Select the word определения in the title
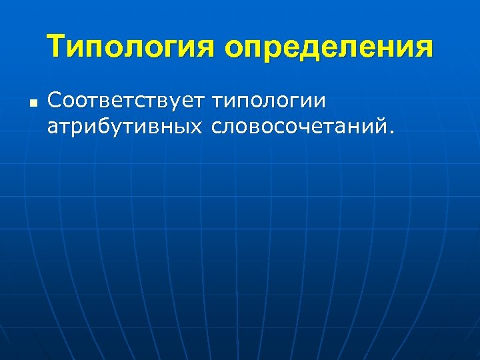pos(329,49)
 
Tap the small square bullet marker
pos(33,104)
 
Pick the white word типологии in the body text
pos(268,102)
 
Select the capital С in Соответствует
pos(55,101)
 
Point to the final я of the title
pos(423,49)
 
